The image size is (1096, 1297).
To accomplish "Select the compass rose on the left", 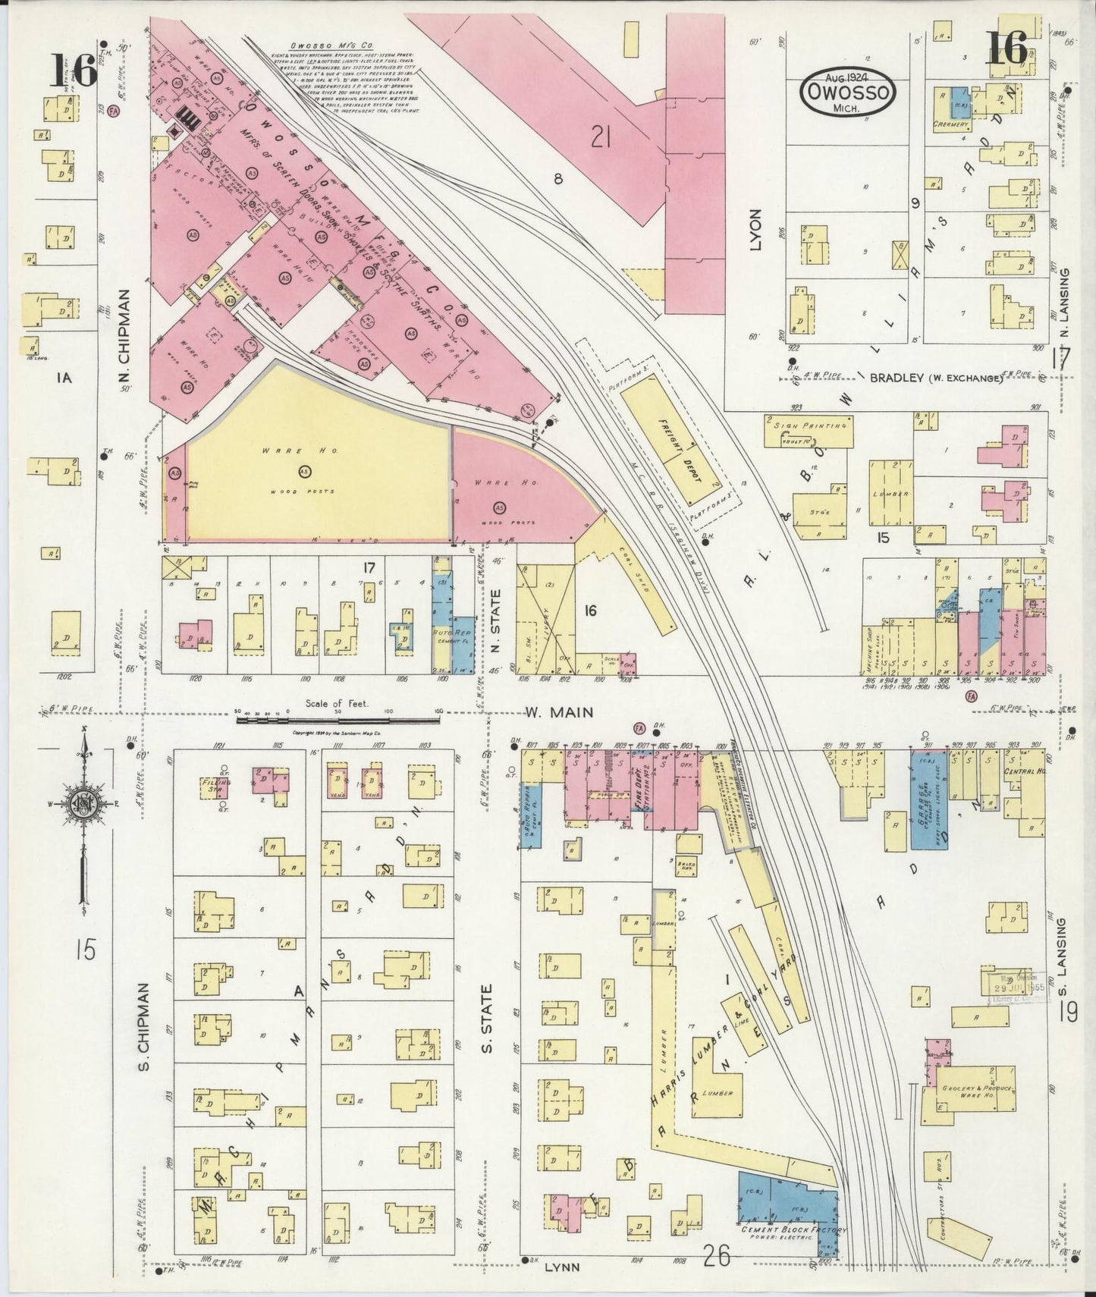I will coord(83,804).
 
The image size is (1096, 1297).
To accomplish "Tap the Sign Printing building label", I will coord(810,426).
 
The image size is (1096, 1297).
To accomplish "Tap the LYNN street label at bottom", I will coord(561,1267).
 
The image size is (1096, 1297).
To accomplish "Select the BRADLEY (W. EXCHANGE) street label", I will coord(937,378).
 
